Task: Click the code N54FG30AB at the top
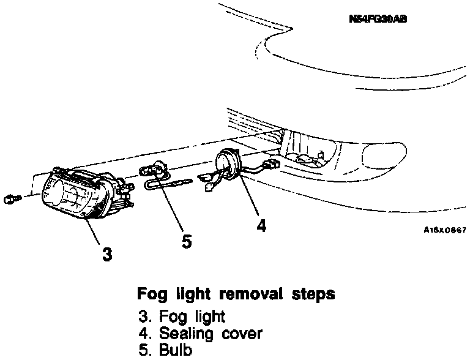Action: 378,19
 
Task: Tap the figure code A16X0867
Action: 445,230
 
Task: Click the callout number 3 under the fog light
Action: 107,253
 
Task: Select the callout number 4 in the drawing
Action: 261,226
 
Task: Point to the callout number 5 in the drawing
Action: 187,241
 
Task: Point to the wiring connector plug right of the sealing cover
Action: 269,165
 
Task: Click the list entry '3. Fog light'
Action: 181,317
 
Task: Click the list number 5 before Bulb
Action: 143,351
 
